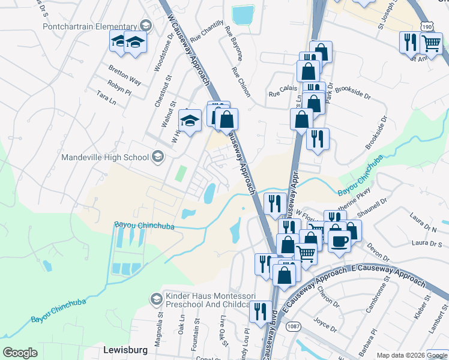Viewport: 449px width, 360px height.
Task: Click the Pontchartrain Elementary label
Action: coord(90,27)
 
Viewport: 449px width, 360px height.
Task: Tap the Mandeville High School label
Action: coord(105,158)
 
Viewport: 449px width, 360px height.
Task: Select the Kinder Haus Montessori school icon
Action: coord(156,299)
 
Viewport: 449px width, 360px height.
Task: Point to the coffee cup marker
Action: coord(339,241)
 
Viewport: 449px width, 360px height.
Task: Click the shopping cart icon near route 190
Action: coord(430,42)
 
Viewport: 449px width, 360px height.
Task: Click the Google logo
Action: coord(20,352)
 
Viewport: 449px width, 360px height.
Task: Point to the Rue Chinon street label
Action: coord(240,82)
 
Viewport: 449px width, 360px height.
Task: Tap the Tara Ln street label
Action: coord(106,98)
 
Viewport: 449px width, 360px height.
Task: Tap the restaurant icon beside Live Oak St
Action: coord(260,311)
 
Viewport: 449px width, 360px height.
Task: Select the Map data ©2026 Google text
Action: coord(399,355)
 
